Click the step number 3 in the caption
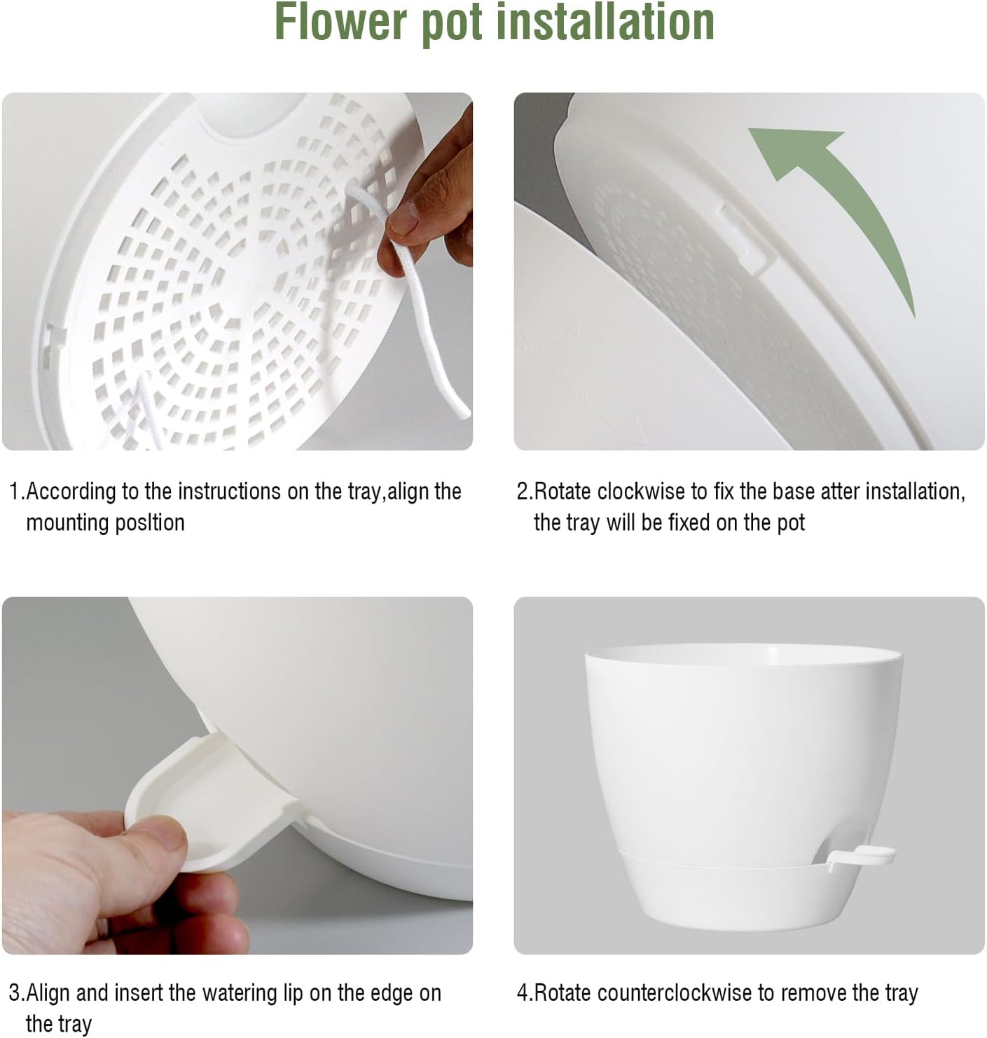14,993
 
